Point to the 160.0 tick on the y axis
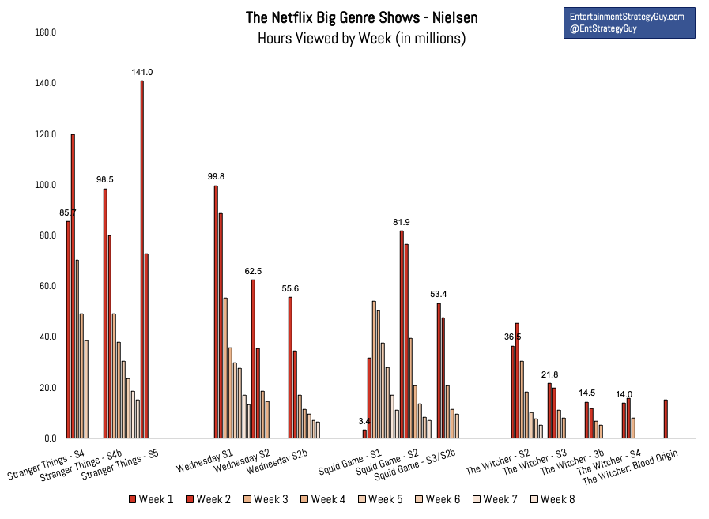tap(45, 32)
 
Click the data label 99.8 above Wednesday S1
tap(216, 177)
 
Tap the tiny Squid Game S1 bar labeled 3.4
tap(364, 434)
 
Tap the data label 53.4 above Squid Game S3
tap(438, 295)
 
